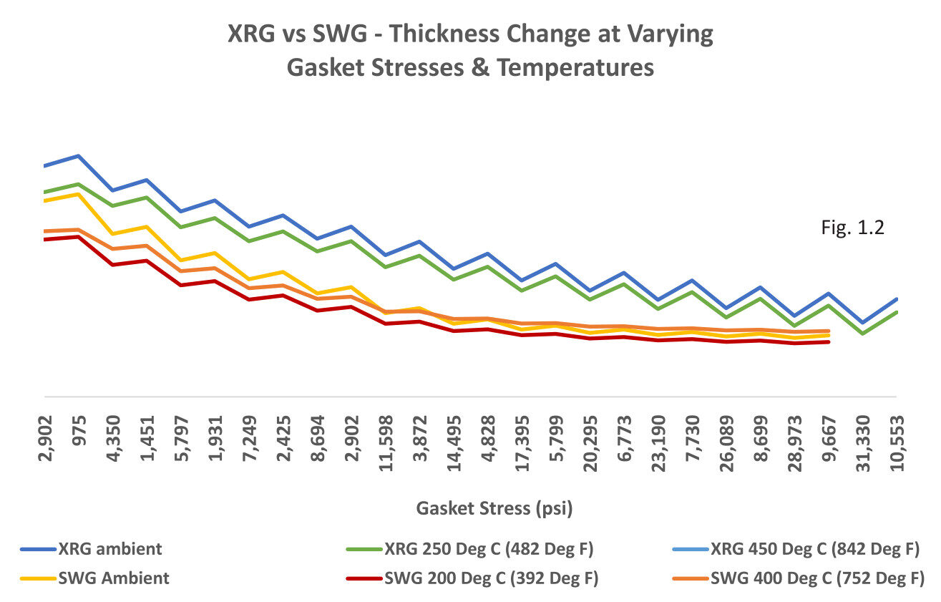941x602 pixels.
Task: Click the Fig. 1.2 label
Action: (x=854, y=228)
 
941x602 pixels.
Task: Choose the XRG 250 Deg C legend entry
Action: (x=469, y=550)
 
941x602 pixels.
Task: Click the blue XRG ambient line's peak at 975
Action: (x=79, y=155)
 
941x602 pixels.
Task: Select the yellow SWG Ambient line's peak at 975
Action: (x=79, y=194)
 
